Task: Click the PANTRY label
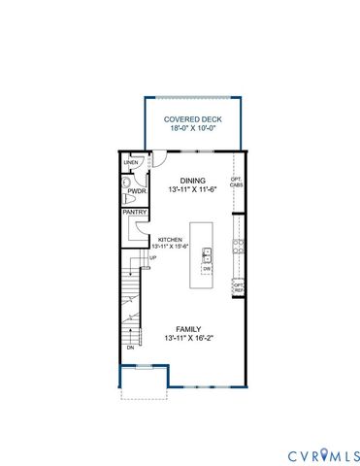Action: tap(134, 212)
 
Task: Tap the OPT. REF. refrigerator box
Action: tap(237, 287)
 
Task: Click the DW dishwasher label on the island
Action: tap(206, 269)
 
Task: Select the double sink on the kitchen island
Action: tap(206, 255)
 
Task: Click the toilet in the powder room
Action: tap(127, 183)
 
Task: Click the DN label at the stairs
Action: tap(130, 348)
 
